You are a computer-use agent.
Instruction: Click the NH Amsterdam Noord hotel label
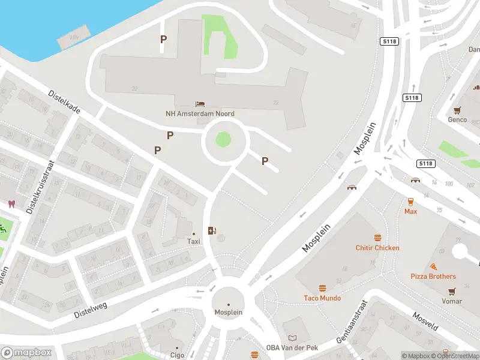200,113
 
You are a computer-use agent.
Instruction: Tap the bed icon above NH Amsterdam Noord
200,104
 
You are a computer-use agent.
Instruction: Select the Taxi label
193,241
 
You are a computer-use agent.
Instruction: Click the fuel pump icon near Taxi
211,230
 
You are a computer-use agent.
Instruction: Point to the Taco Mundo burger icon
322,289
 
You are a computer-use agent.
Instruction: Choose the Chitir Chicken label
377,248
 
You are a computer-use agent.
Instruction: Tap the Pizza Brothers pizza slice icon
433,266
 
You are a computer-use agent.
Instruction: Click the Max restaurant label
410,211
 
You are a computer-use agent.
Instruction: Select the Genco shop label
457,119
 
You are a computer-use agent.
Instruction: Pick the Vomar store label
452,301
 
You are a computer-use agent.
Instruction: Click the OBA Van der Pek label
292,348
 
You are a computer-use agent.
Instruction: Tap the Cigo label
177,355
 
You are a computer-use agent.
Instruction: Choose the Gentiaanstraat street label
351,322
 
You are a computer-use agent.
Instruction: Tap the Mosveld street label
427,324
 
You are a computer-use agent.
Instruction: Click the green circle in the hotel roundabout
223,140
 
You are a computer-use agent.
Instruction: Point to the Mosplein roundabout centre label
228,312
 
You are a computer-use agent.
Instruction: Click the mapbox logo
26,353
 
